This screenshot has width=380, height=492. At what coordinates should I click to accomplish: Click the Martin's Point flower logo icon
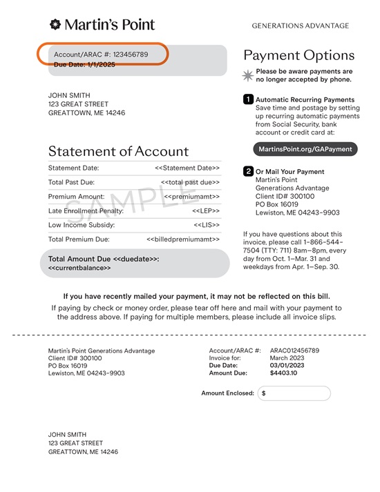(x=55, y=26)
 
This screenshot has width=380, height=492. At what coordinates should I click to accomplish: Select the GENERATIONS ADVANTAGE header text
(x=300, y=26)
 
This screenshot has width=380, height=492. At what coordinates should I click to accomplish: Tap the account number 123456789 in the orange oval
(x=131, y=54)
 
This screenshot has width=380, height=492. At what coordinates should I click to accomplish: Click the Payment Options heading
(x=298, y=55)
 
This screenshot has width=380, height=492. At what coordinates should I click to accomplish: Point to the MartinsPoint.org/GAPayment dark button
(x=305, y=149)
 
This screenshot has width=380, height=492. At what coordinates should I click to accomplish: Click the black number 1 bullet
(x=248, y=99)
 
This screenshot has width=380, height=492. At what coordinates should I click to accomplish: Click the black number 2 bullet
(x=248, y=171)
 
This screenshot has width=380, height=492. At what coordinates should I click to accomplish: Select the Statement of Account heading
(x=118, y=151)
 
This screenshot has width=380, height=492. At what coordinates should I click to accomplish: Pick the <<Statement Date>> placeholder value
(x=187, y=168)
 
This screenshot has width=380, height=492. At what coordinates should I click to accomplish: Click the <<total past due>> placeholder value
(x=190, y=182)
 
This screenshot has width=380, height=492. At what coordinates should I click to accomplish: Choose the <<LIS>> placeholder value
(x=207, y=225)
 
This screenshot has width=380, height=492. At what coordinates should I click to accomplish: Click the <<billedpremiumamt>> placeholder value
(x=183, y=239)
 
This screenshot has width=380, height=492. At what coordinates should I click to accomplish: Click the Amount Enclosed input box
(x=294, y=393)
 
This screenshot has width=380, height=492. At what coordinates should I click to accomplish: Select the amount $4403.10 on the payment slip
(x=283, y=372)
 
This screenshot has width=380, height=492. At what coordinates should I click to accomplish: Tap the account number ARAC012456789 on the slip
(x=294, y=351)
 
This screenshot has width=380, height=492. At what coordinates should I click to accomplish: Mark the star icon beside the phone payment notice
(x=248, y=75)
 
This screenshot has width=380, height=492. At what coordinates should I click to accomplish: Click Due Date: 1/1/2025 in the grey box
(x=84, y=64)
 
